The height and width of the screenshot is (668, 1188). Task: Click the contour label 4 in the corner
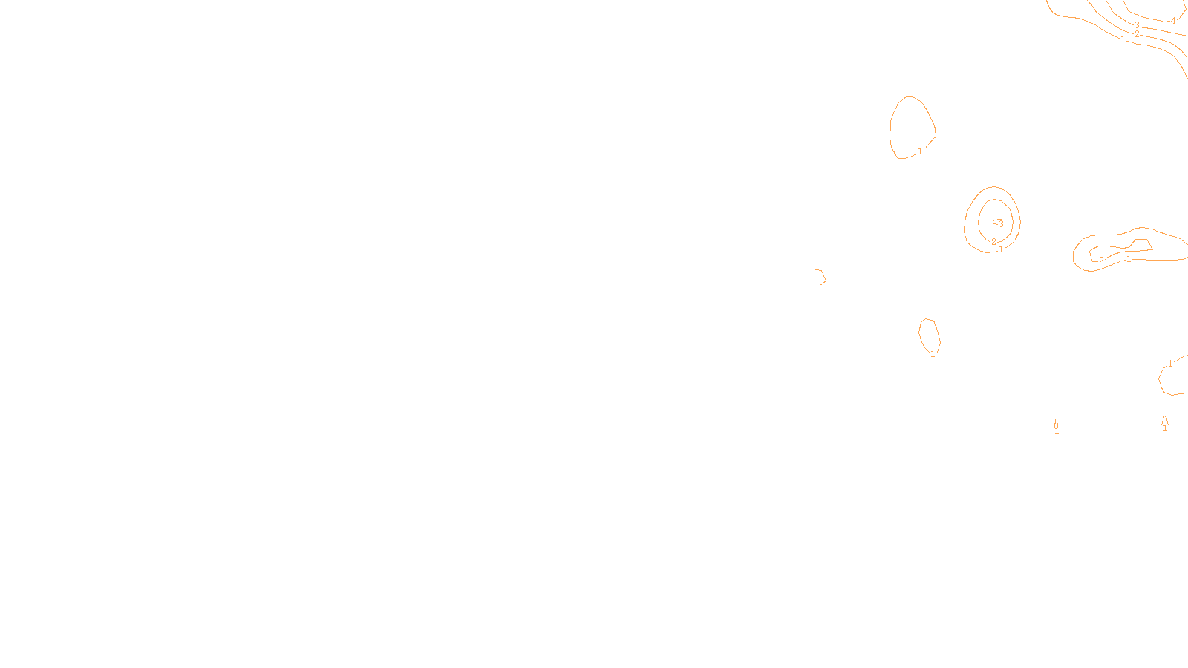(1173, 22)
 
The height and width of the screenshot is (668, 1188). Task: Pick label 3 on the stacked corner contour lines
(1137, 25)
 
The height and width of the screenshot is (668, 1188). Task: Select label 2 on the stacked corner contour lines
(1137, 34)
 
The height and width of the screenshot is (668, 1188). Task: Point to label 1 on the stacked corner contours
(1123, 40)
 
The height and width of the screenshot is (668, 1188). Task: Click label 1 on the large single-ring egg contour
(920, 151)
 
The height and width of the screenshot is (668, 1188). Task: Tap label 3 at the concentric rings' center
(1001, 223)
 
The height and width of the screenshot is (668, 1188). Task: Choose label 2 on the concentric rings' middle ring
(993, 242)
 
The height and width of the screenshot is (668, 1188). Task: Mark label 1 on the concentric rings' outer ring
(1001, 249)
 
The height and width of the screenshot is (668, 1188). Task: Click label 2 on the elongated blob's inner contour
(1101, 261)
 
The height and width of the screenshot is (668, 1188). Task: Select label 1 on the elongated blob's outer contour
(1129, 259)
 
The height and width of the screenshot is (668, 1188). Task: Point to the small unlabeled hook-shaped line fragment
(821, 276)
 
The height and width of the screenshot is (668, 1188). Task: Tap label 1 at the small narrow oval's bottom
(933, 354)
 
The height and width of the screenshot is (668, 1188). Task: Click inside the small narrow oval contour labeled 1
(929, 335)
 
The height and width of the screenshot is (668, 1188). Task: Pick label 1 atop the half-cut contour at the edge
(1170, 364)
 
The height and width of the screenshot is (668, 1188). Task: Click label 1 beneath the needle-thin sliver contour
(1057, 431)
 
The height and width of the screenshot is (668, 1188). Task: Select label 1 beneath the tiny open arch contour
(1165, 428)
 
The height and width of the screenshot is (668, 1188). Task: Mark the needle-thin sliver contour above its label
(1056, 423)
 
